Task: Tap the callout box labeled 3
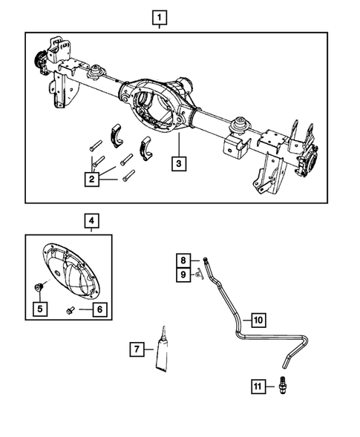coord(178,163)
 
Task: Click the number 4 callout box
coord(90,220)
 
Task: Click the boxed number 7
coord(136,348)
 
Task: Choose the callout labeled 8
coord(183,260)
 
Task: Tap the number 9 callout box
coord(183,275)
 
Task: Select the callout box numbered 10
coord(257,321)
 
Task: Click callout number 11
coord(257,387)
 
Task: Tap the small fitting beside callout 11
coord(283,387)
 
